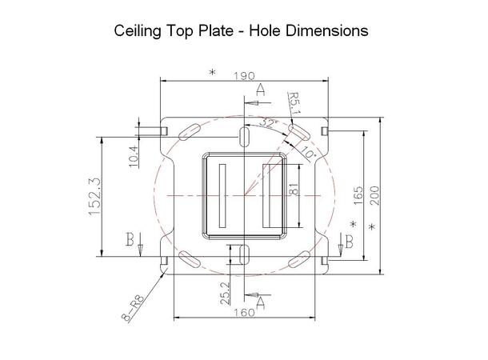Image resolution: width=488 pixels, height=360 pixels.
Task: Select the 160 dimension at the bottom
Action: tap(244, 313)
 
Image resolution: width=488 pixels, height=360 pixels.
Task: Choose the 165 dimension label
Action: tap(359, 194)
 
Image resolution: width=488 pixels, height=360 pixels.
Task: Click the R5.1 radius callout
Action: tap(294, 103)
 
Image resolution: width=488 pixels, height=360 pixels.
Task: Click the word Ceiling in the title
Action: tap(142, 32)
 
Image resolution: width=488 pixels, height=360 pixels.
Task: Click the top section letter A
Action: tap(260, 92)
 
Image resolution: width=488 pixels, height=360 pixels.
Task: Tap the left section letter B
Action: tap(129, 239)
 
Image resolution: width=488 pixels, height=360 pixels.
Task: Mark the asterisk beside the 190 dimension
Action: tap(212, 73)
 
